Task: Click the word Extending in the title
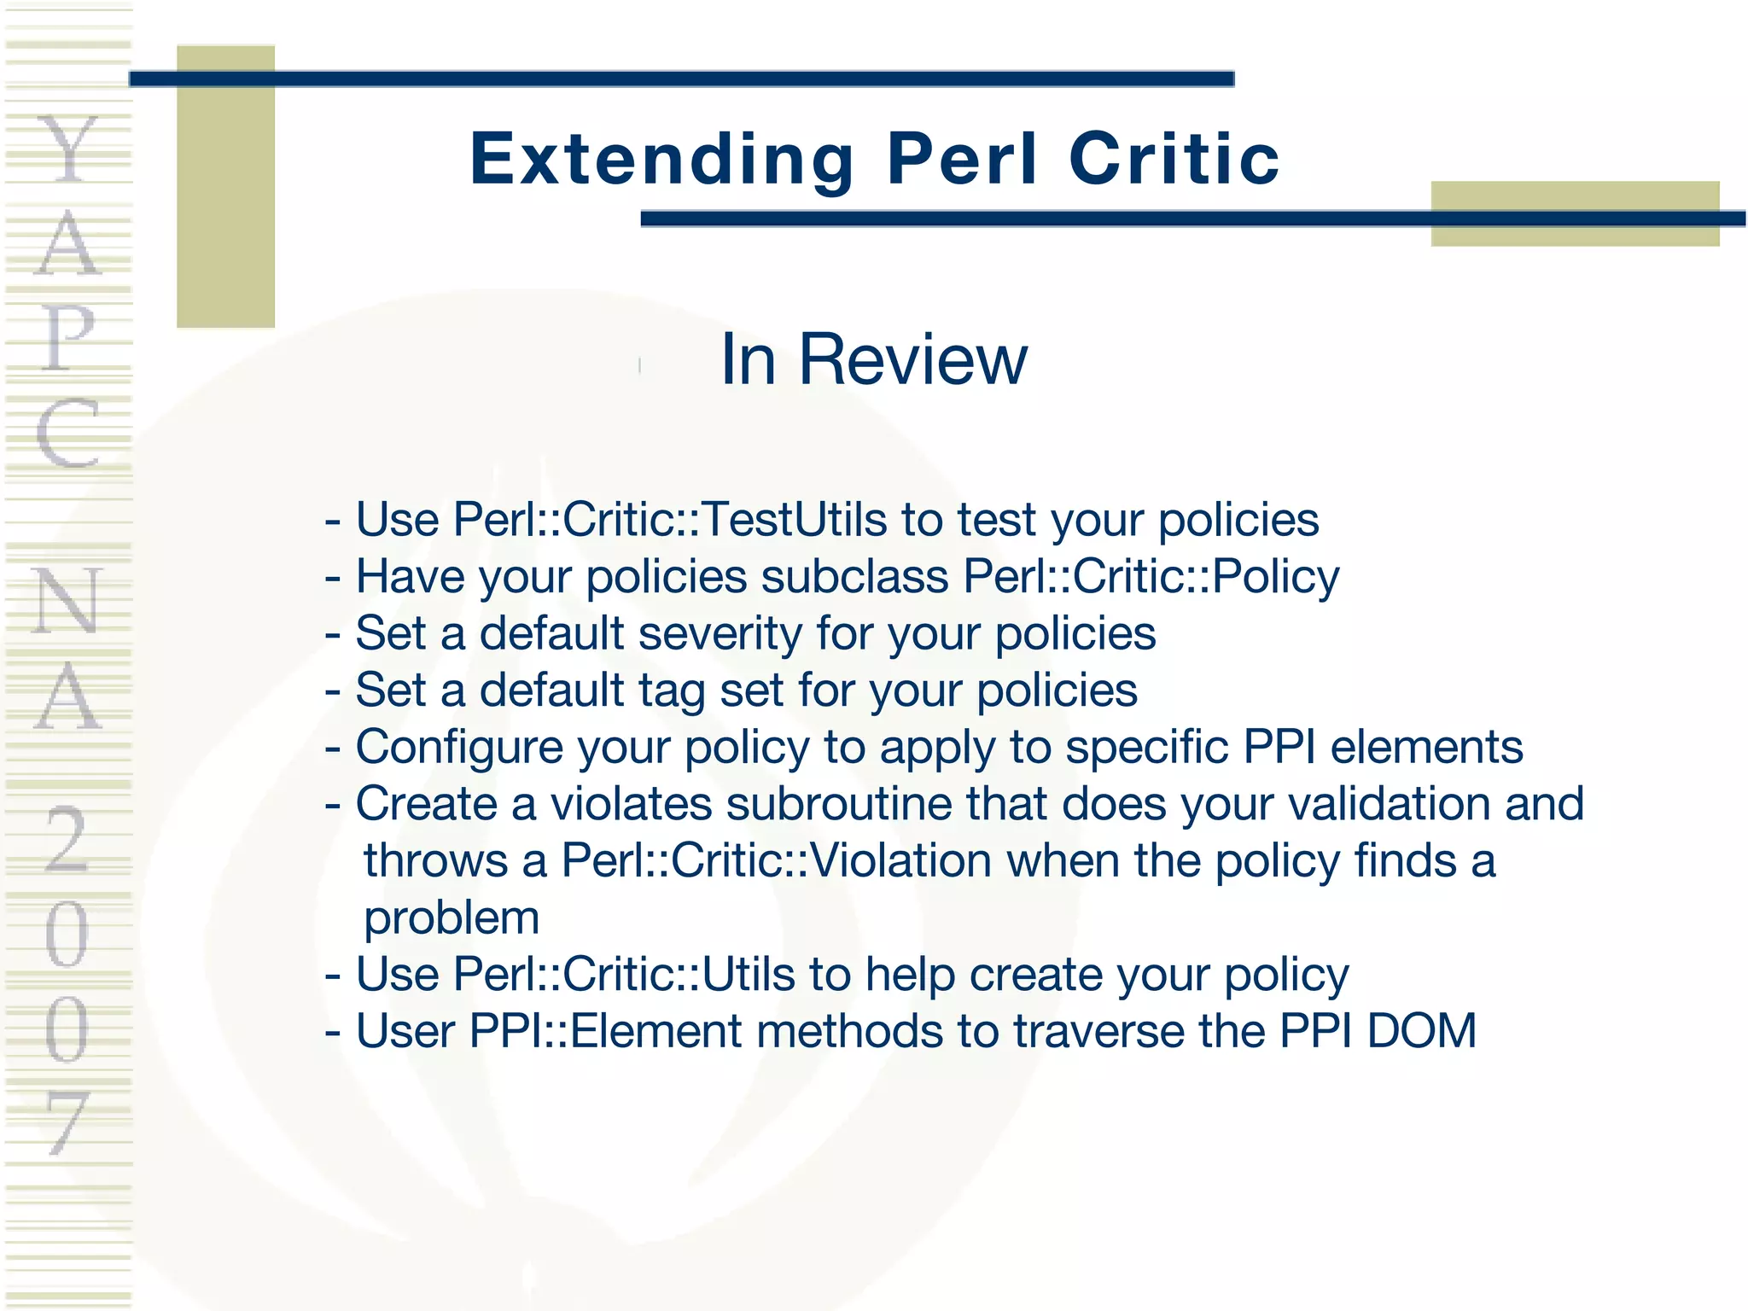pyautogui.click(x=661, y=160)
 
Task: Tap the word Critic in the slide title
pyautogui.click(x=1174, y=160)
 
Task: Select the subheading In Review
pyautogui.click(x=873, y=359)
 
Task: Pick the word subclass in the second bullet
pyautogui.click(x=854, y=576)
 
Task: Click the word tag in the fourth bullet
pyautogui.click(x=671, y=690)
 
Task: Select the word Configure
pyautogui.click(x=458, y=748)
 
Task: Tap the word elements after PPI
pyautogui.click(x=1426, y=747)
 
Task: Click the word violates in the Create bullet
pyautogui.click(x=631, y=804)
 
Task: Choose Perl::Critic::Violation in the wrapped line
pyautogui.click(x=775, y=860)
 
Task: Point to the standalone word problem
pyautogui.click(x=452, y=918)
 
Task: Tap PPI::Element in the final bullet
pyautogui.click(x=605, y=1031)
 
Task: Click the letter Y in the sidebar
pyautogui.click(x=67, y=150)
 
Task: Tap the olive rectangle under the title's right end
pyautogui.click(x=1575, y=213)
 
